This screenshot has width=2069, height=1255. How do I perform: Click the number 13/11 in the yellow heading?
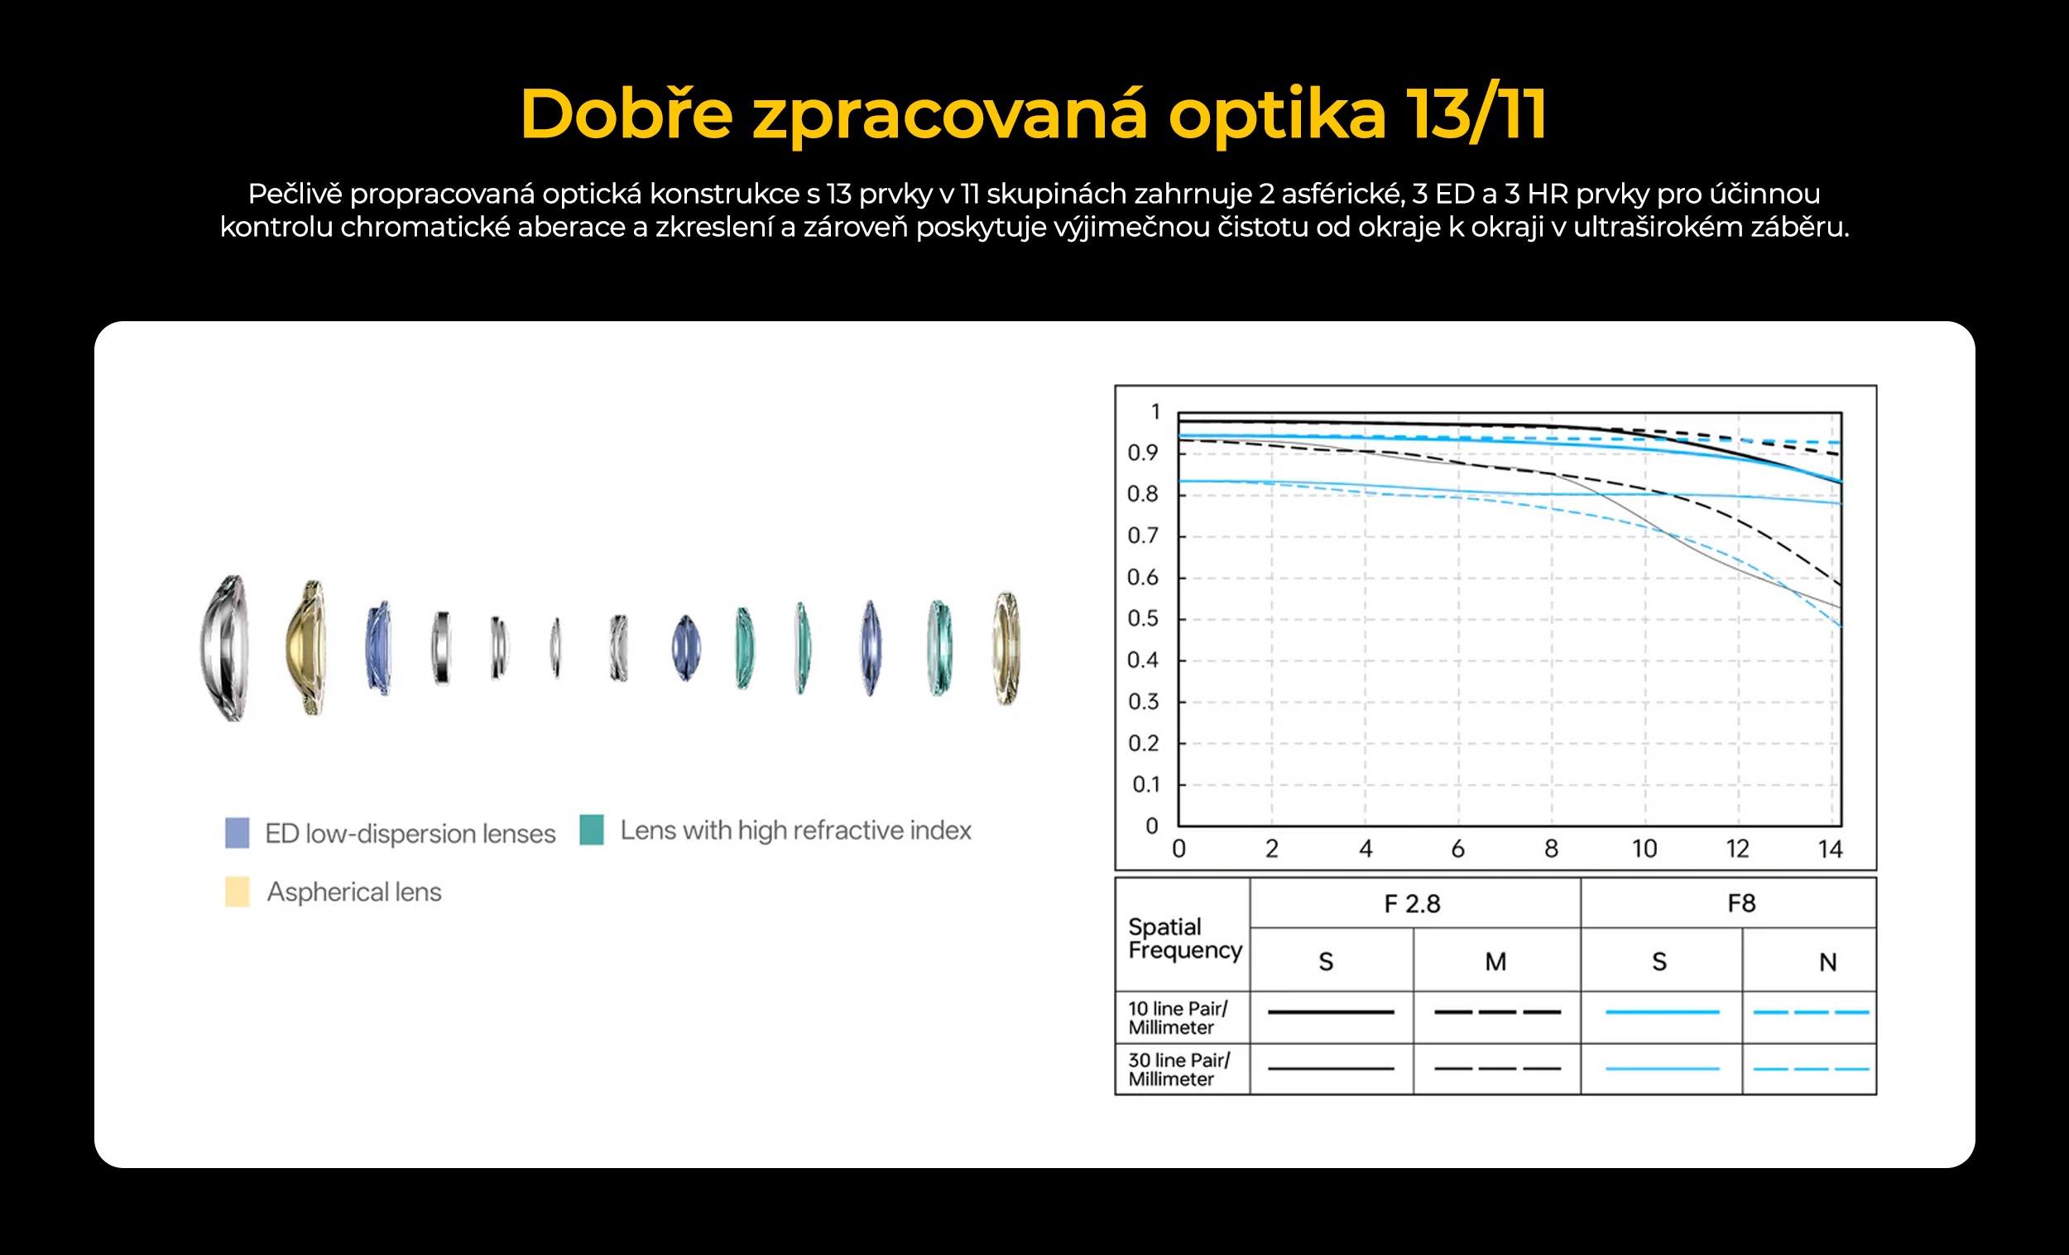point(1476,114)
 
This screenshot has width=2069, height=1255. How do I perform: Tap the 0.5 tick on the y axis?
point(1142,618)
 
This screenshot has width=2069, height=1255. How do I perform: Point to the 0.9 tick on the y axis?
point(1142,453)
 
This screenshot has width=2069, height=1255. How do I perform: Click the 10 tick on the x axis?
point(1644,849)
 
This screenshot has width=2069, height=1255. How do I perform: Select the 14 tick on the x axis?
point(1831,849)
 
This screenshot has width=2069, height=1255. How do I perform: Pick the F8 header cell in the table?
point(1741,903)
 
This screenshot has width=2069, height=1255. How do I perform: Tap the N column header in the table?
point(1828,962)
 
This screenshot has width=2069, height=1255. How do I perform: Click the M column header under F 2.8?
point(1495,961)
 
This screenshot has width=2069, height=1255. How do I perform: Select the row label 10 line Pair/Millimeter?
point(1177,1017)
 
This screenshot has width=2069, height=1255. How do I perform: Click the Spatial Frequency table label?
point(1185,938)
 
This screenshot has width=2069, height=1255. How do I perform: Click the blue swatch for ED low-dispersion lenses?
point(238,833)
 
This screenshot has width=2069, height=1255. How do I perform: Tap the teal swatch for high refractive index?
point(592,829)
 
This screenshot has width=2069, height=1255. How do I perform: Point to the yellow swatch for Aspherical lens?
point(238,892)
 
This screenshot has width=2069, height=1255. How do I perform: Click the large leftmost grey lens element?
point(225,647)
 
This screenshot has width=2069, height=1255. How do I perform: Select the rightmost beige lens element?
point(1007,647)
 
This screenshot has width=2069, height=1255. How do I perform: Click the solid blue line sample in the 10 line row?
point(1663,1012)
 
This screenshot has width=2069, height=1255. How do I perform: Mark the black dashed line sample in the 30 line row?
point(1497,1069)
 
